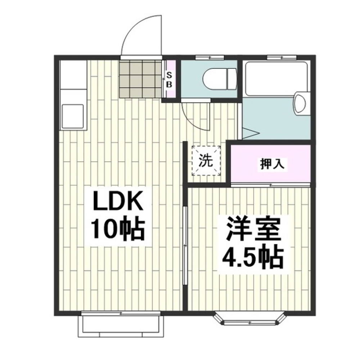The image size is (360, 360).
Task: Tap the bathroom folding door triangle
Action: coord(249,133)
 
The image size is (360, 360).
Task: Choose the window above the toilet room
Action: coord(209,57)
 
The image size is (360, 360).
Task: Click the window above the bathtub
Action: coord(281,57)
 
